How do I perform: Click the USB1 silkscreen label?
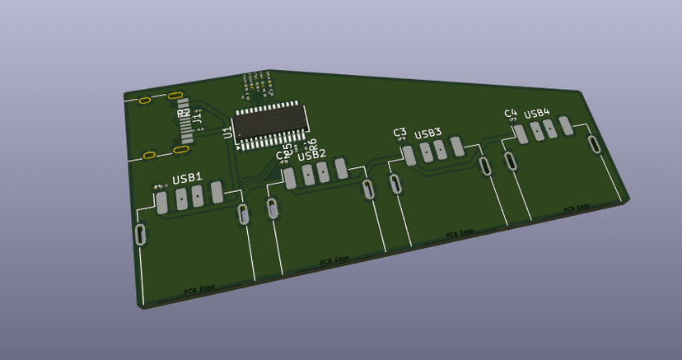click(187, 179)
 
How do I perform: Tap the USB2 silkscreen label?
click(311, 154)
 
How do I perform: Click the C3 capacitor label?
click(400, 132)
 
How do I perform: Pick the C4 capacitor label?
click(511, 113)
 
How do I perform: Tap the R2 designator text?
click(183, 113)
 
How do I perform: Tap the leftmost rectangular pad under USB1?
click(161, 201)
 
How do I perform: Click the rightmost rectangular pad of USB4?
click(565, 124)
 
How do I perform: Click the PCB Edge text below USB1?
click(199, 289)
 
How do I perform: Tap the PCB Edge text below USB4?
click(577, 208)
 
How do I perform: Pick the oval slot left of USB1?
click(142, 234)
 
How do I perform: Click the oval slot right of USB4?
click(595, 145)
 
